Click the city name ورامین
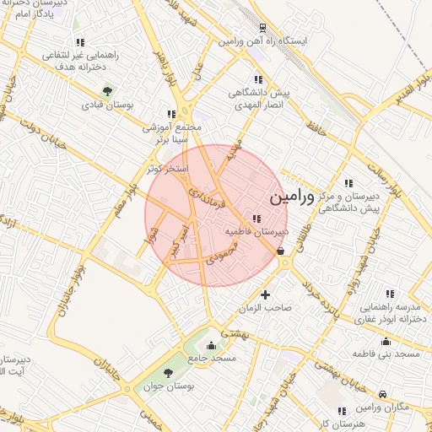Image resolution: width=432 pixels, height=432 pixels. click(x=291, y=198)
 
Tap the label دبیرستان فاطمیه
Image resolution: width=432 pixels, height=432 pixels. click(x=256, y=229)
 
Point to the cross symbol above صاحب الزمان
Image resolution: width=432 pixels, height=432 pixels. click(x=266, y=294)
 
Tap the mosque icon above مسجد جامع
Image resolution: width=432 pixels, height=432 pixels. click(x=211, y=345)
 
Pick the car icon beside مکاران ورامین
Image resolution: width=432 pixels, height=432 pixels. click(x=383, y=395)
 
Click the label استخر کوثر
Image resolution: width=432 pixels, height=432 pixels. click(x=165, y=169)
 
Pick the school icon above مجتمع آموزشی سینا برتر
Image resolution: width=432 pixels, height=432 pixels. click(x=171, y=113)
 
